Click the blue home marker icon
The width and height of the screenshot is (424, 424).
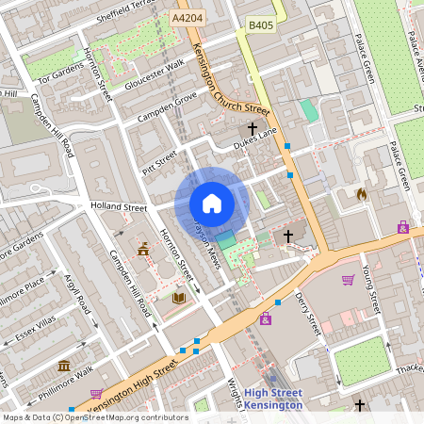point(212,203)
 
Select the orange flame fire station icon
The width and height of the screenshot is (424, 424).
point(360,194)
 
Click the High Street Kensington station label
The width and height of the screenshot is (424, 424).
point(273,399)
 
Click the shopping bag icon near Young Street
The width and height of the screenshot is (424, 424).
point(348,280)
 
